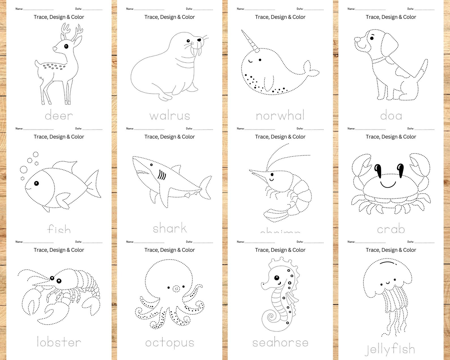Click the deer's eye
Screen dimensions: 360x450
click(x=66, y=46)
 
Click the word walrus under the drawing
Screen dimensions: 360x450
click(x=169, y=116)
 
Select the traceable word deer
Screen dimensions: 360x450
click(x=59, y=116)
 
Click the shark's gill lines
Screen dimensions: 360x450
click(x=162, y=175)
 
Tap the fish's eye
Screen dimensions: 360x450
click(x=36, y=183)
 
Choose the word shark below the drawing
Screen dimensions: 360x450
click(x=169, y=228)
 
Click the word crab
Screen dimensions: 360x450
click(x=391, y=229)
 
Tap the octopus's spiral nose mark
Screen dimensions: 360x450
click(x=176, y=289)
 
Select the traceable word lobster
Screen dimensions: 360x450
click(x=59, y=342)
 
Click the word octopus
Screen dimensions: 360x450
click(x=169, y=343)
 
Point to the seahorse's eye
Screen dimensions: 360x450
click(x=276, y=278)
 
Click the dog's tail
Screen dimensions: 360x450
click(x=422, y=69)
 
